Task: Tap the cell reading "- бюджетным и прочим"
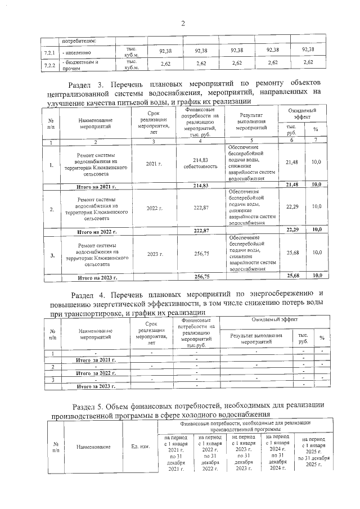coord(80,65)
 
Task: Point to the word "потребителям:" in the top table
coord(79,40)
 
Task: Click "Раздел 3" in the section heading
coord(90,84)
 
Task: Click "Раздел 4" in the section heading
coord(89,294)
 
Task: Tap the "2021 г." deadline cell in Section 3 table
coord(154,163)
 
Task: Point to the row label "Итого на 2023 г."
coord(98,277)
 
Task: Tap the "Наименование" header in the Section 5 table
coord(94,447)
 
